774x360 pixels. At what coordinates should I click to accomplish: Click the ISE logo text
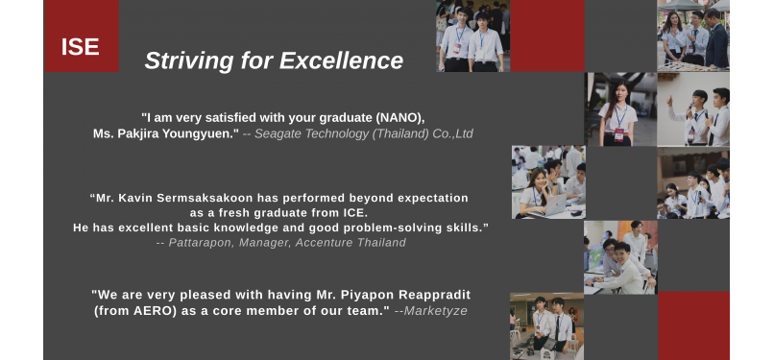pos(81,47)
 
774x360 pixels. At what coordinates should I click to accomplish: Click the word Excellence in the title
pos(342,60)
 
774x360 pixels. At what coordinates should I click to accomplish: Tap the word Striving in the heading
pos(189,61)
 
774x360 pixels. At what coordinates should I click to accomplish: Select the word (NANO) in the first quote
pos(399,118)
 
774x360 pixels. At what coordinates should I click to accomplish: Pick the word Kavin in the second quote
pos(139,199)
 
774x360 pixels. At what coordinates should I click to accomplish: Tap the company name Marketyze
pos(435,311)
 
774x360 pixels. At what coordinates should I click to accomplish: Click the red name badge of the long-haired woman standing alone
pos(618,134)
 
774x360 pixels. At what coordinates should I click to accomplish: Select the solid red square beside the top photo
pos(547,36)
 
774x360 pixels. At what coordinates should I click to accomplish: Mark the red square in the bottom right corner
pos(693,326)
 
